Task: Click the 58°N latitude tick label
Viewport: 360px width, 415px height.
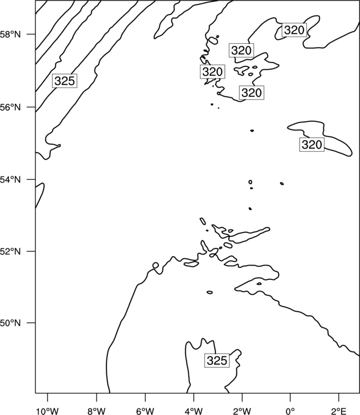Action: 11,34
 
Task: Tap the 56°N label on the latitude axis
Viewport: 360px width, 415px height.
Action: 11,107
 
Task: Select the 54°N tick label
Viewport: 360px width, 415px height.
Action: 11,180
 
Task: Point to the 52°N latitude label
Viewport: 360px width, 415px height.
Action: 11,251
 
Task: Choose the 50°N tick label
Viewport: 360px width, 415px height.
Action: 11,323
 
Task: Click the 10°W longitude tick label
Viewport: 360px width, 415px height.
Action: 48,411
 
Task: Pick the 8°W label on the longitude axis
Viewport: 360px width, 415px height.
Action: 96,411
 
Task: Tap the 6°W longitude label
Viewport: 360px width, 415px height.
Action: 145,411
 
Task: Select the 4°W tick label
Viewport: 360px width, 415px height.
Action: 194,411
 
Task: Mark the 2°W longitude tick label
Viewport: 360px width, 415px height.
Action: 242,411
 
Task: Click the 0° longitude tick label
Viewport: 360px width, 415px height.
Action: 290,411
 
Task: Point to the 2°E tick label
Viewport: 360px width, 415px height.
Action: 339,411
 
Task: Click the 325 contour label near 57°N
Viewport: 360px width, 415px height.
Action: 65,81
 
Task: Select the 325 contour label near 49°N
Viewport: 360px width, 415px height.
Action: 217,360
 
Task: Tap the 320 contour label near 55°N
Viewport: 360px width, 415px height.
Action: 312,144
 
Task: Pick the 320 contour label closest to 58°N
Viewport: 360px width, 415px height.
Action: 294,30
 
